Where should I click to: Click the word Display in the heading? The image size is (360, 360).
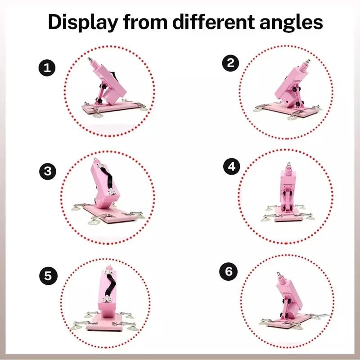coord(83,22)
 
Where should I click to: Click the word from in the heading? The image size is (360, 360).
coord(145,22)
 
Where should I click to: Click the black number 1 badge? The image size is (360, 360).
coord(47,68)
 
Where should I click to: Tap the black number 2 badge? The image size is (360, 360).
coord(230,63)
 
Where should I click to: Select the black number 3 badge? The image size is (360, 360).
coord(48,171)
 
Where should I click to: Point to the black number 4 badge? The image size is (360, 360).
coord(232,166)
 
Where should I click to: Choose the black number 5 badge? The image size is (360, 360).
coord(48,276)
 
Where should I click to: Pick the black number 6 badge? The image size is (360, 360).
coord(229,272)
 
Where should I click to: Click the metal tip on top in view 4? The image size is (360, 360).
coord(288,165)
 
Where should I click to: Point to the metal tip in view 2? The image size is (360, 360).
coord(308,62)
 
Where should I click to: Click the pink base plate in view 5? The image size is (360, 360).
coord(105,323)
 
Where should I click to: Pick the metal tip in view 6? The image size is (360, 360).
coord(279,274)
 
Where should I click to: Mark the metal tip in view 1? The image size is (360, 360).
coord(90,60)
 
